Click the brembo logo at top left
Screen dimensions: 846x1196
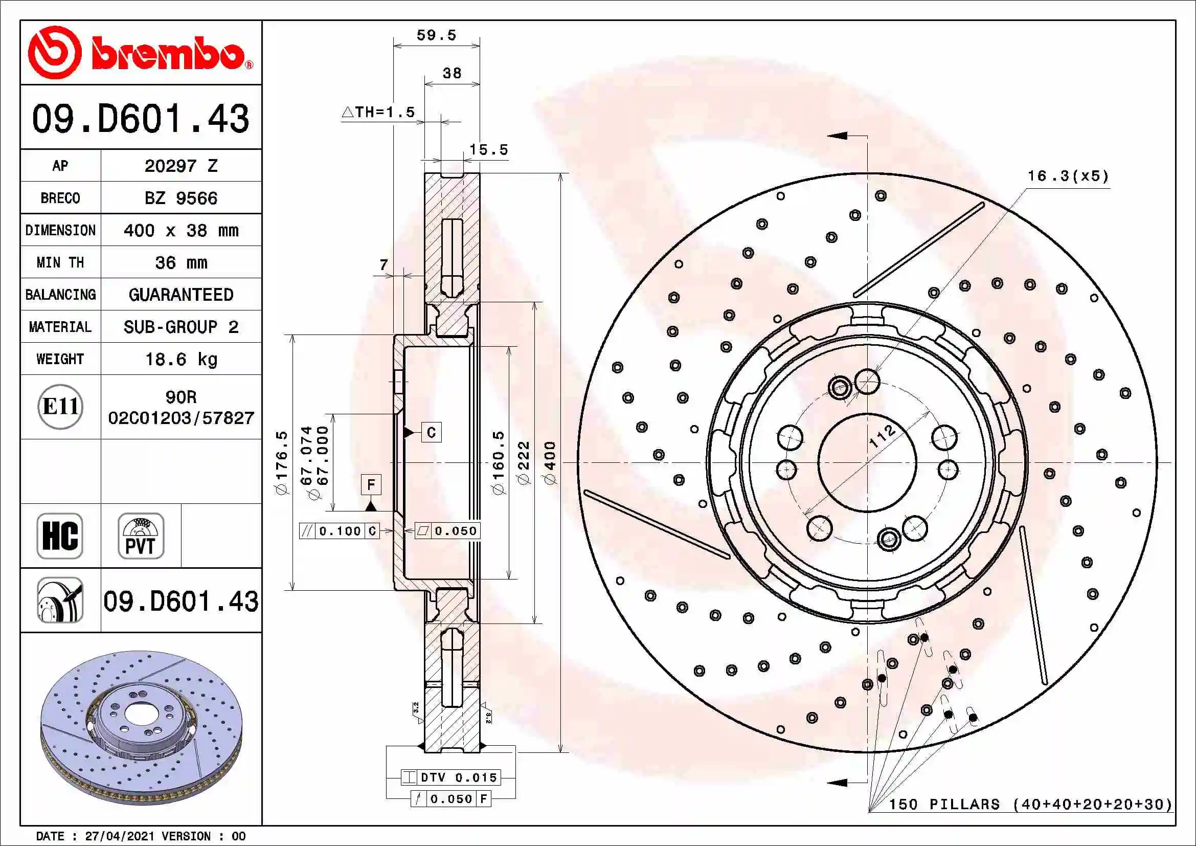coord(141,53)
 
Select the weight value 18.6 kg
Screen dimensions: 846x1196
coord(180,359)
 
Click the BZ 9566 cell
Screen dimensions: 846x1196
coord(180,198)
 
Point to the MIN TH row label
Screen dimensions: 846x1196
coord(60,262)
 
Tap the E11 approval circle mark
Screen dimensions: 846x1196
coord(60,407)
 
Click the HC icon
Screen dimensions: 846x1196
coord(60,536)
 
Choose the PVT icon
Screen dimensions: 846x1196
coord(141,536)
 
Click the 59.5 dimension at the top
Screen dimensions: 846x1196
coord(436,35)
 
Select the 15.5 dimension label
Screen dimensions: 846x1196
coord(488,150)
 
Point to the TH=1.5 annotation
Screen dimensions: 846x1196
coord(379,112)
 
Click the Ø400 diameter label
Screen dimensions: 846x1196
coord(550,462)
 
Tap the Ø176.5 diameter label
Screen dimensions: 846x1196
coord(282,462)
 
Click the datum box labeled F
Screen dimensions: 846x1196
coord(371,484)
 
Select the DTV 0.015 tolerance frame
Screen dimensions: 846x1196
coord(450,777)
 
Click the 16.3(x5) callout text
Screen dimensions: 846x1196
coord(1068,176)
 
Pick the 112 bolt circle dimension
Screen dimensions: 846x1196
coord(882,436)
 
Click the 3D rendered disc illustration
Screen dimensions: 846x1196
coord(141,727)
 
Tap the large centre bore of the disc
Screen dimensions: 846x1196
coord(867,462)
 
